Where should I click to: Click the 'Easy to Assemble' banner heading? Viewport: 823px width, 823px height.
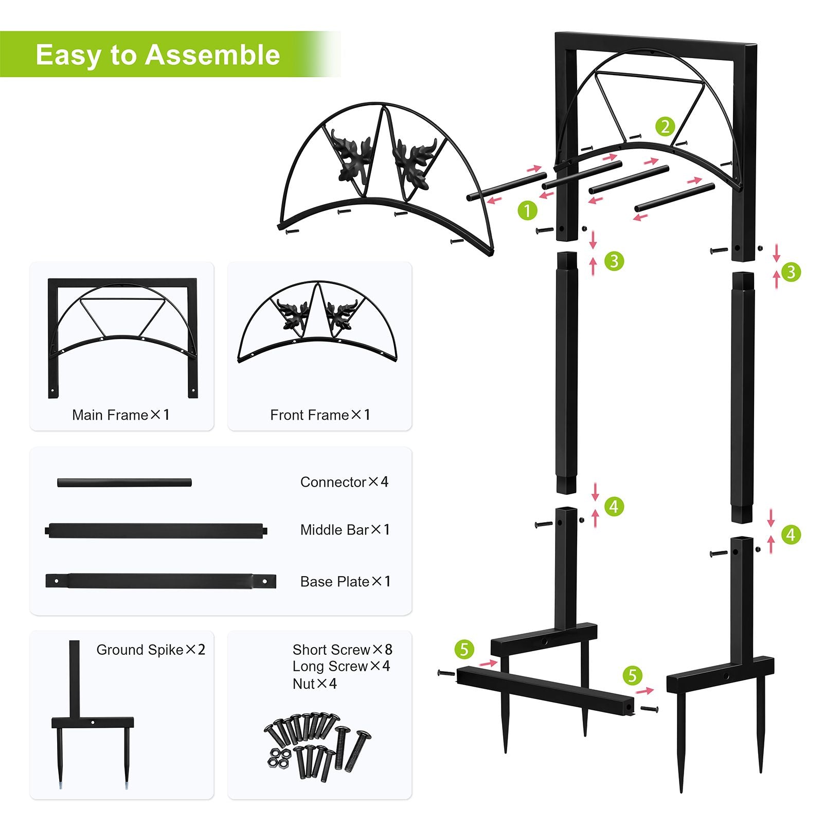point(158,55)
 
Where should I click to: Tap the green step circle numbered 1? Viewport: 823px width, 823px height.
point(527,210)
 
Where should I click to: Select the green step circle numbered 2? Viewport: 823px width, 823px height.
point(665,127)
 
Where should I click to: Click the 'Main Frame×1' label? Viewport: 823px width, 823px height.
point(121,415)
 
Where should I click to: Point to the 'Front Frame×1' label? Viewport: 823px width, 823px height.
point(320,415)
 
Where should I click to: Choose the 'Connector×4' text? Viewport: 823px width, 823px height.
point(345,482)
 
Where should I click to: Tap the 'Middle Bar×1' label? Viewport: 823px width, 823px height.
point(345,530)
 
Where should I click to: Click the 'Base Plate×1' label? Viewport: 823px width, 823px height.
point(346,582)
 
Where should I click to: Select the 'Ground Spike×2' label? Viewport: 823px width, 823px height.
point(151,650)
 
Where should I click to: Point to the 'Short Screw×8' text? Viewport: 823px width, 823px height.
point(343,650)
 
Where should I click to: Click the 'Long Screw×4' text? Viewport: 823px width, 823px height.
point(342,667)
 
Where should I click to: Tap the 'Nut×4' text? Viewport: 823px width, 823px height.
point(315,684)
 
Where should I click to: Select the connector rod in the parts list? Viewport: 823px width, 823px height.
point(124,483)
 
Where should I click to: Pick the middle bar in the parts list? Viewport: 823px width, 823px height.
point(156,530)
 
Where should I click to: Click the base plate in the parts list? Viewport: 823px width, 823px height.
point(160,581)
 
